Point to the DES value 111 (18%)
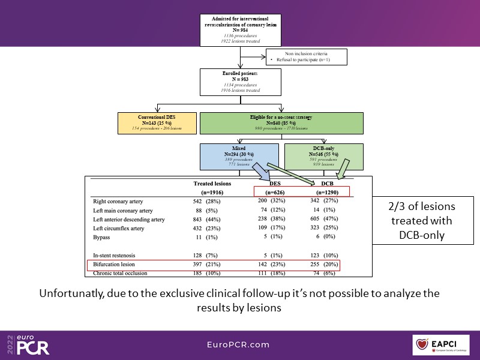[x=271, y=274]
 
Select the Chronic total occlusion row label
[x=122, y=274]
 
